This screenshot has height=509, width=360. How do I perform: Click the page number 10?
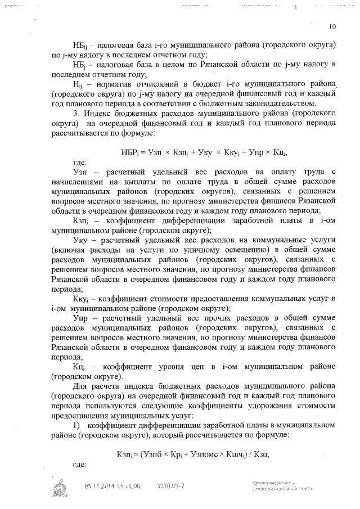[332, 26]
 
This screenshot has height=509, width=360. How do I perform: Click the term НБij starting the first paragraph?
[80, 44]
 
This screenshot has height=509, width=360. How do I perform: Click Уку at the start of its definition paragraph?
[80, 255]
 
